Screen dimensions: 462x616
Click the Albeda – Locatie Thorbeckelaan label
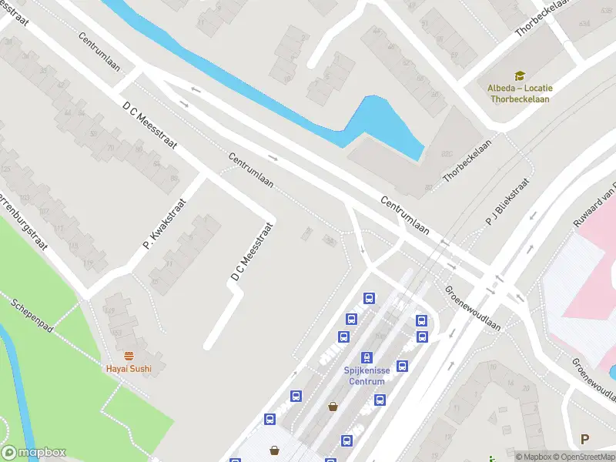(520, 92)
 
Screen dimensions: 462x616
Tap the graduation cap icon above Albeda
(520, 75)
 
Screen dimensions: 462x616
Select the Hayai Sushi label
(129, 368)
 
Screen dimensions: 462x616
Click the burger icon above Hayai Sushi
(129, 356)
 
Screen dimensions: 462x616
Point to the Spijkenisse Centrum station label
(367, 375)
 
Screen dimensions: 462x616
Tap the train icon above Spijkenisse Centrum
(367, 357)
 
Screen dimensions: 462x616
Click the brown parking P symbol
(585, 440)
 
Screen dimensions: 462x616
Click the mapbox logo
(34, 453)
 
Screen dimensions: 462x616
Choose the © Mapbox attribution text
(534, 457)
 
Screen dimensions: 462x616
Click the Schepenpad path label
(32, 316)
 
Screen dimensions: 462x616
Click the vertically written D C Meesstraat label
(252, 251)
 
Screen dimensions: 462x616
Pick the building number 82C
(446, 154)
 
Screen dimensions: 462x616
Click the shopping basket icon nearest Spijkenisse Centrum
(333, 406)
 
